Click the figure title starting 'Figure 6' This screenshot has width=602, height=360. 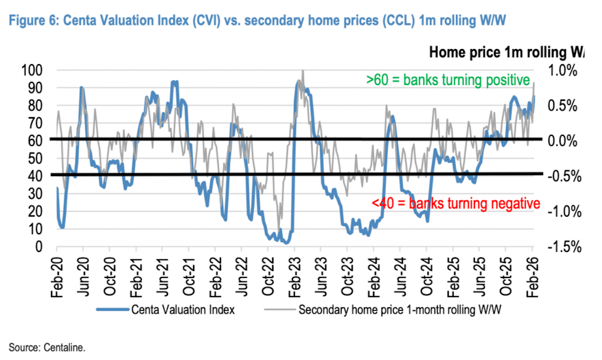click(257, 20)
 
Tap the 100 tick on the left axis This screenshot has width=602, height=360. click(32, 71)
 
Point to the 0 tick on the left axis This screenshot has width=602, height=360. click(39, 247)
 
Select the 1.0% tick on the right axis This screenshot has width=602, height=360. click(562, 71)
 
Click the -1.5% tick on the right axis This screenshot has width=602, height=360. click(564, 247)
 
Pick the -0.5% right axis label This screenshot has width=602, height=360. click(564, 177)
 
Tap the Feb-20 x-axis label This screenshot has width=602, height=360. click(57, 277)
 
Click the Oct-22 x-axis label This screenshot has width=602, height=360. click(268, 277)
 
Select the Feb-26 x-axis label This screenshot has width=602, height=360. click(533, 277)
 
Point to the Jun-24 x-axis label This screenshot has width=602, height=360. click(400, 277)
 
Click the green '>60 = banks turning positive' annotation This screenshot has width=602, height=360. click(448, 80)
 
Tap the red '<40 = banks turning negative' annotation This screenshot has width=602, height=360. click(455, 204)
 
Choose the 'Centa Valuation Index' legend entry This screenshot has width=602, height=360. click(166, 310)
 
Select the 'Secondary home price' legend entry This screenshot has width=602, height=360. click(383, 310)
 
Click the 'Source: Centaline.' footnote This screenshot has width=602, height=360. click(47, 348)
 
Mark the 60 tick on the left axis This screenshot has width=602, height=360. click(35, 141)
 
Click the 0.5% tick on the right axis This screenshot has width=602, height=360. click(562, 106)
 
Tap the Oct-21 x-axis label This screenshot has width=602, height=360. click(189, 277)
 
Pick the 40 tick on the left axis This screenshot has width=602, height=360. click(35, 176)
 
